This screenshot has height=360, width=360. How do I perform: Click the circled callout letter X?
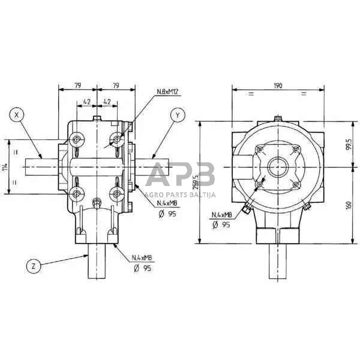[x=19, y=114]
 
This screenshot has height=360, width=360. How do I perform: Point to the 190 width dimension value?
[x=277, y=86]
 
